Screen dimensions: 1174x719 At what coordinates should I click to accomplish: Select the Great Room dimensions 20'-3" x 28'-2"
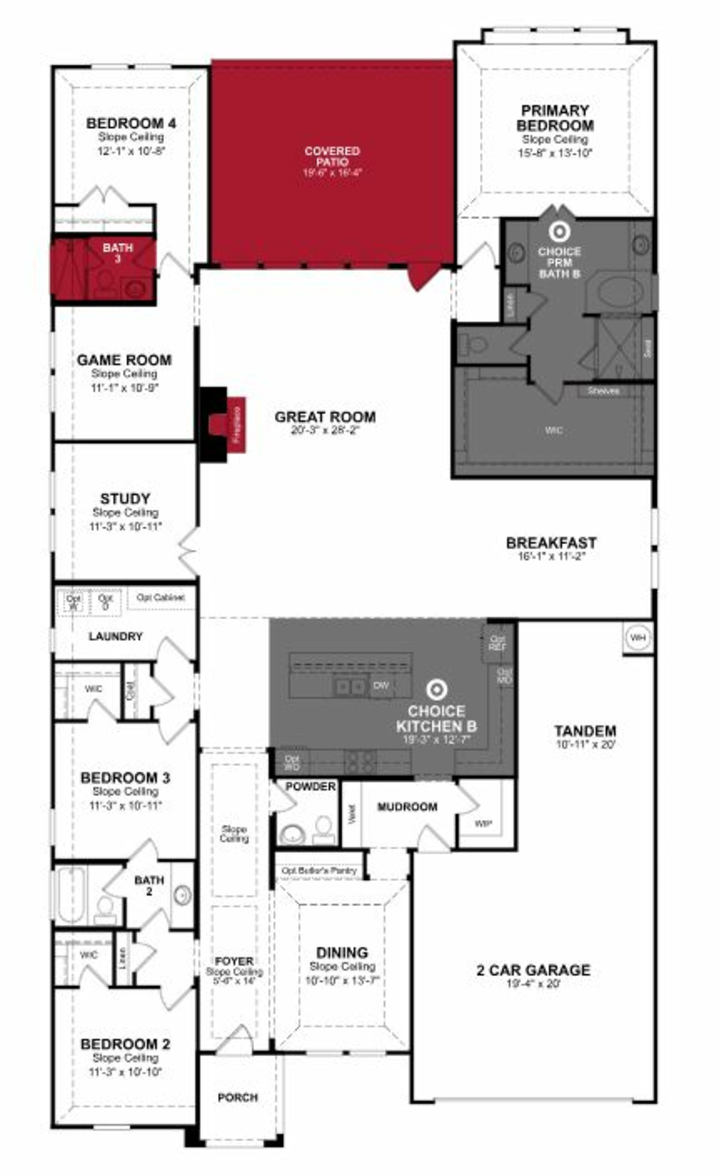tap(325, 430)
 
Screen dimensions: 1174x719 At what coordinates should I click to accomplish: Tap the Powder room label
tap(310, 787)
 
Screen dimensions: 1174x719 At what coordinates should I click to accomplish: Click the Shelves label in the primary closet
tap(603, 391)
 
